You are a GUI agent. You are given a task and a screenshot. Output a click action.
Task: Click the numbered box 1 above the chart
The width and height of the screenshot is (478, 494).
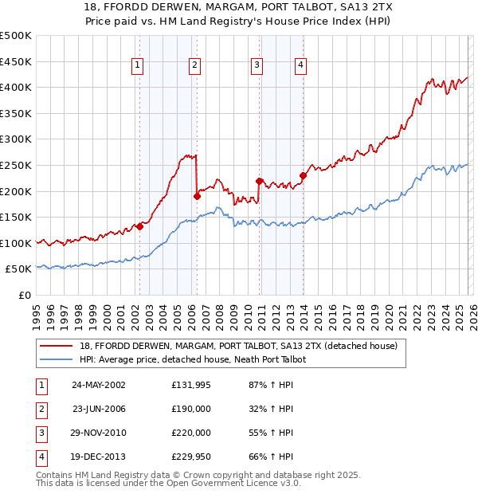139,66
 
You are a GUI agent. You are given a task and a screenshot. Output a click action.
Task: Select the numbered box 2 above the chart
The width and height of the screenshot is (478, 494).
194,66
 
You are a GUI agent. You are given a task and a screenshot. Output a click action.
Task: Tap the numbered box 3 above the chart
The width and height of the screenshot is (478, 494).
257,66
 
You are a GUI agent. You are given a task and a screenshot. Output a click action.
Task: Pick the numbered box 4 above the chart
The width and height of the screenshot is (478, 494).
301,66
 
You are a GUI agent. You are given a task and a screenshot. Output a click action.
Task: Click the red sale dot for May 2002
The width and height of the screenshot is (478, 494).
139,226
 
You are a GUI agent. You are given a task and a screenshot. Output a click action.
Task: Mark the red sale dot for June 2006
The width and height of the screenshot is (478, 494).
197,195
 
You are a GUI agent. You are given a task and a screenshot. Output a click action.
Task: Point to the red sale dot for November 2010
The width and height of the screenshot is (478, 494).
259,180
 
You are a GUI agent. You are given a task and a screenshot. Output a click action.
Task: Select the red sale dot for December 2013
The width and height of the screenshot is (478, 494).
303,175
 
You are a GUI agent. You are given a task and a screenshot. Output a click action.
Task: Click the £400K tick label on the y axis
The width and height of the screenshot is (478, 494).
16,87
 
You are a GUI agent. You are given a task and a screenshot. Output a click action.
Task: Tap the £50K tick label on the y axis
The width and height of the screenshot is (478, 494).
18,269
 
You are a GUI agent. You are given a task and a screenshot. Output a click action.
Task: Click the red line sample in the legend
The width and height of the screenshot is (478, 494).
57,346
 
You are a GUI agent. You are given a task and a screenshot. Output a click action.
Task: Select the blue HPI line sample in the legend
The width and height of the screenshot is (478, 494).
57,359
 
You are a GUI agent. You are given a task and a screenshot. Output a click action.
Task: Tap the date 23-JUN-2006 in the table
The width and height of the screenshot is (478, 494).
99,409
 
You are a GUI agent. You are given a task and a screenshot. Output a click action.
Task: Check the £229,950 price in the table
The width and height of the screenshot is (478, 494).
191,457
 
